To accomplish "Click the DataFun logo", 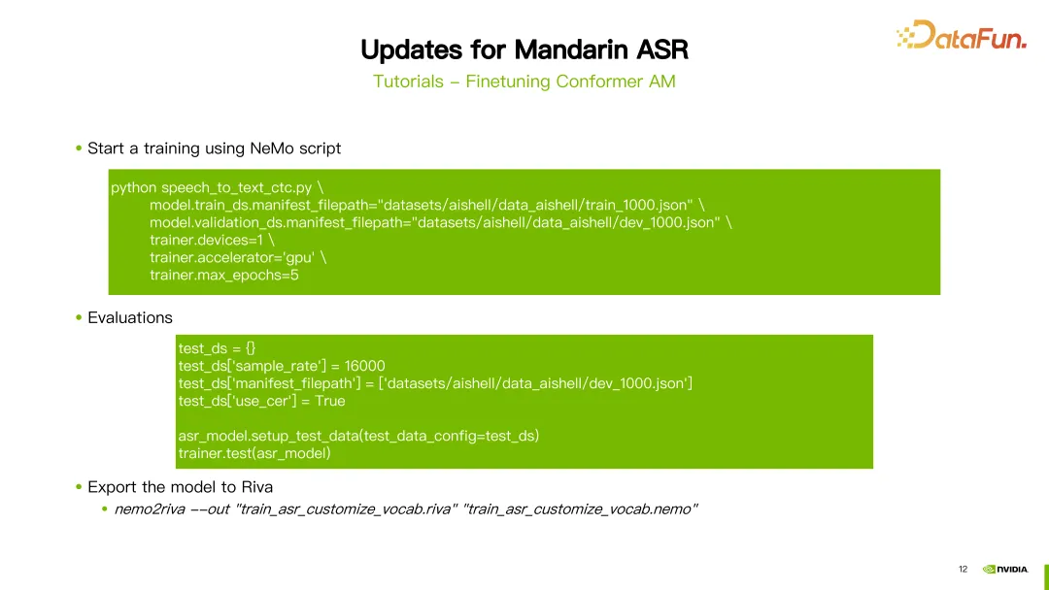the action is click(962, 35).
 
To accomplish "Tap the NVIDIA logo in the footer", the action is click(1005, 570).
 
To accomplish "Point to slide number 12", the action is click(963, 570).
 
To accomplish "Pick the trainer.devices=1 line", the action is click(212, 240).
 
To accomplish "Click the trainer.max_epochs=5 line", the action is click(224, 276).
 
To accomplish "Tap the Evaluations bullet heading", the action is click(130, 318).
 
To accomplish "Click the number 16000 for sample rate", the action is click(364, 366).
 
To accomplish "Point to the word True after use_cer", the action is click(330, 401).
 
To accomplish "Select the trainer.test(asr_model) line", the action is click(254, 454).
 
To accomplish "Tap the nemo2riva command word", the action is click(150, 509).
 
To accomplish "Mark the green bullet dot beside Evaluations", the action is click(79, 317).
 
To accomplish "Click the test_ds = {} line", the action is click(217, 348).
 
